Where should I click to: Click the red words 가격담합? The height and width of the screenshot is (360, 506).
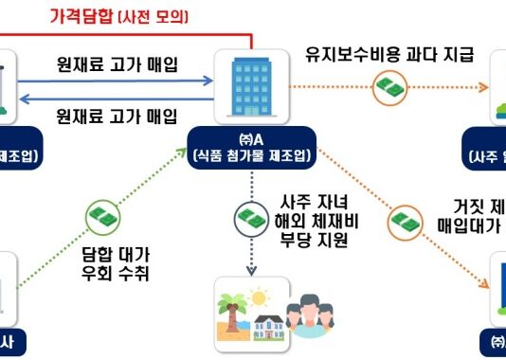click(81, 16)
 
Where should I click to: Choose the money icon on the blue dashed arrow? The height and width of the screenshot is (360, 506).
click(251, 218)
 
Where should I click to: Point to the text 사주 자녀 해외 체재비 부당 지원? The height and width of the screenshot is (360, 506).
click(314, 220)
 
